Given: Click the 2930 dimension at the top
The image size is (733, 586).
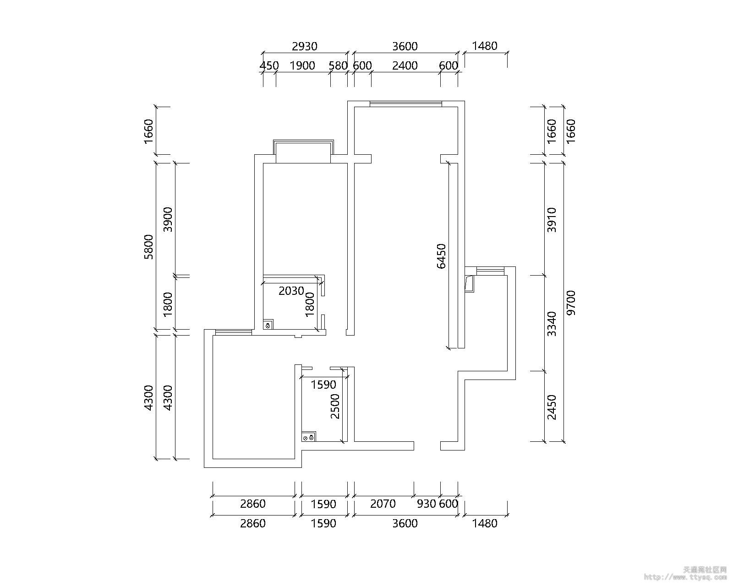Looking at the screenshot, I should click(x=305, y=46).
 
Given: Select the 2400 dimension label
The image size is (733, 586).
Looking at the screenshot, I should click(x=405, y=65).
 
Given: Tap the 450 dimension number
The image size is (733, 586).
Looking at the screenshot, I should click(x=269, y=65).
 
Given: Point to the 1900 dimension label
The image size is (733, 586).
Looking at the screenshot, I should click(x=303, y=65).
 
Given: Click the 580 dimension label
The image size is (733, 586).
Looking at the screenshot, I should click(x=338, y=65).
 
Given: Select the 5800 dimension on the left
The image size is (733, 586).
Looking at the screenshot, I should click(x=148, y=247).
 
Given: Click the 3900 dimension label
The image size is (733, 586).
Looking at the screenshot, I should click(x=168, y=219).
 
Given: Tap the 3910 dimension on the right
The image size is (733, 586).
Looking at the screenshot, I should click(x=552, y=220).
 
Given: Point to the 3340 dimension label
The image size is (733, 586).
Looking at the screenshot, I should click(x=552, y=324).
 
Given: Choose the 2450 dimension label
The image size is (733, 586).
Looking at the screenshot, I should click(x=552, y=407).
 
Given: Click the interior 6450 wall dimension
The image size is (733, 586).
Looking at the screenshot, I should click(x=441, y=256).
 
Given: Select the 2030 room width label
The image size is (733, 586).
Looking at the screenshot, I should click(x=291, y=291).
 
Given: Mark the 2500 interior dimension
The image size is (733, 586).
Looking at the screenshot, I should click(x=335, y=406).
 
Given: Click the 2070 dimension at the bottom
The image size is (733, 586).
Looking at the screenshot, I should click(x=383, y=504).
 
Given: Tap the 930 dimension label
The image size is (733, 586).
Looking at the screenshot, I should click(x=426, y=504).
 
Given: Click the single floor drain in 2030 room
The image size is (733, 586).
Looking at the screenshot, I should click(x=268, y=326).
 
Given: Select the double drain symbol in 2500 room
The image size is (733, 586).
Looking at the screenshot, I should click(x=308, y=438).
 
